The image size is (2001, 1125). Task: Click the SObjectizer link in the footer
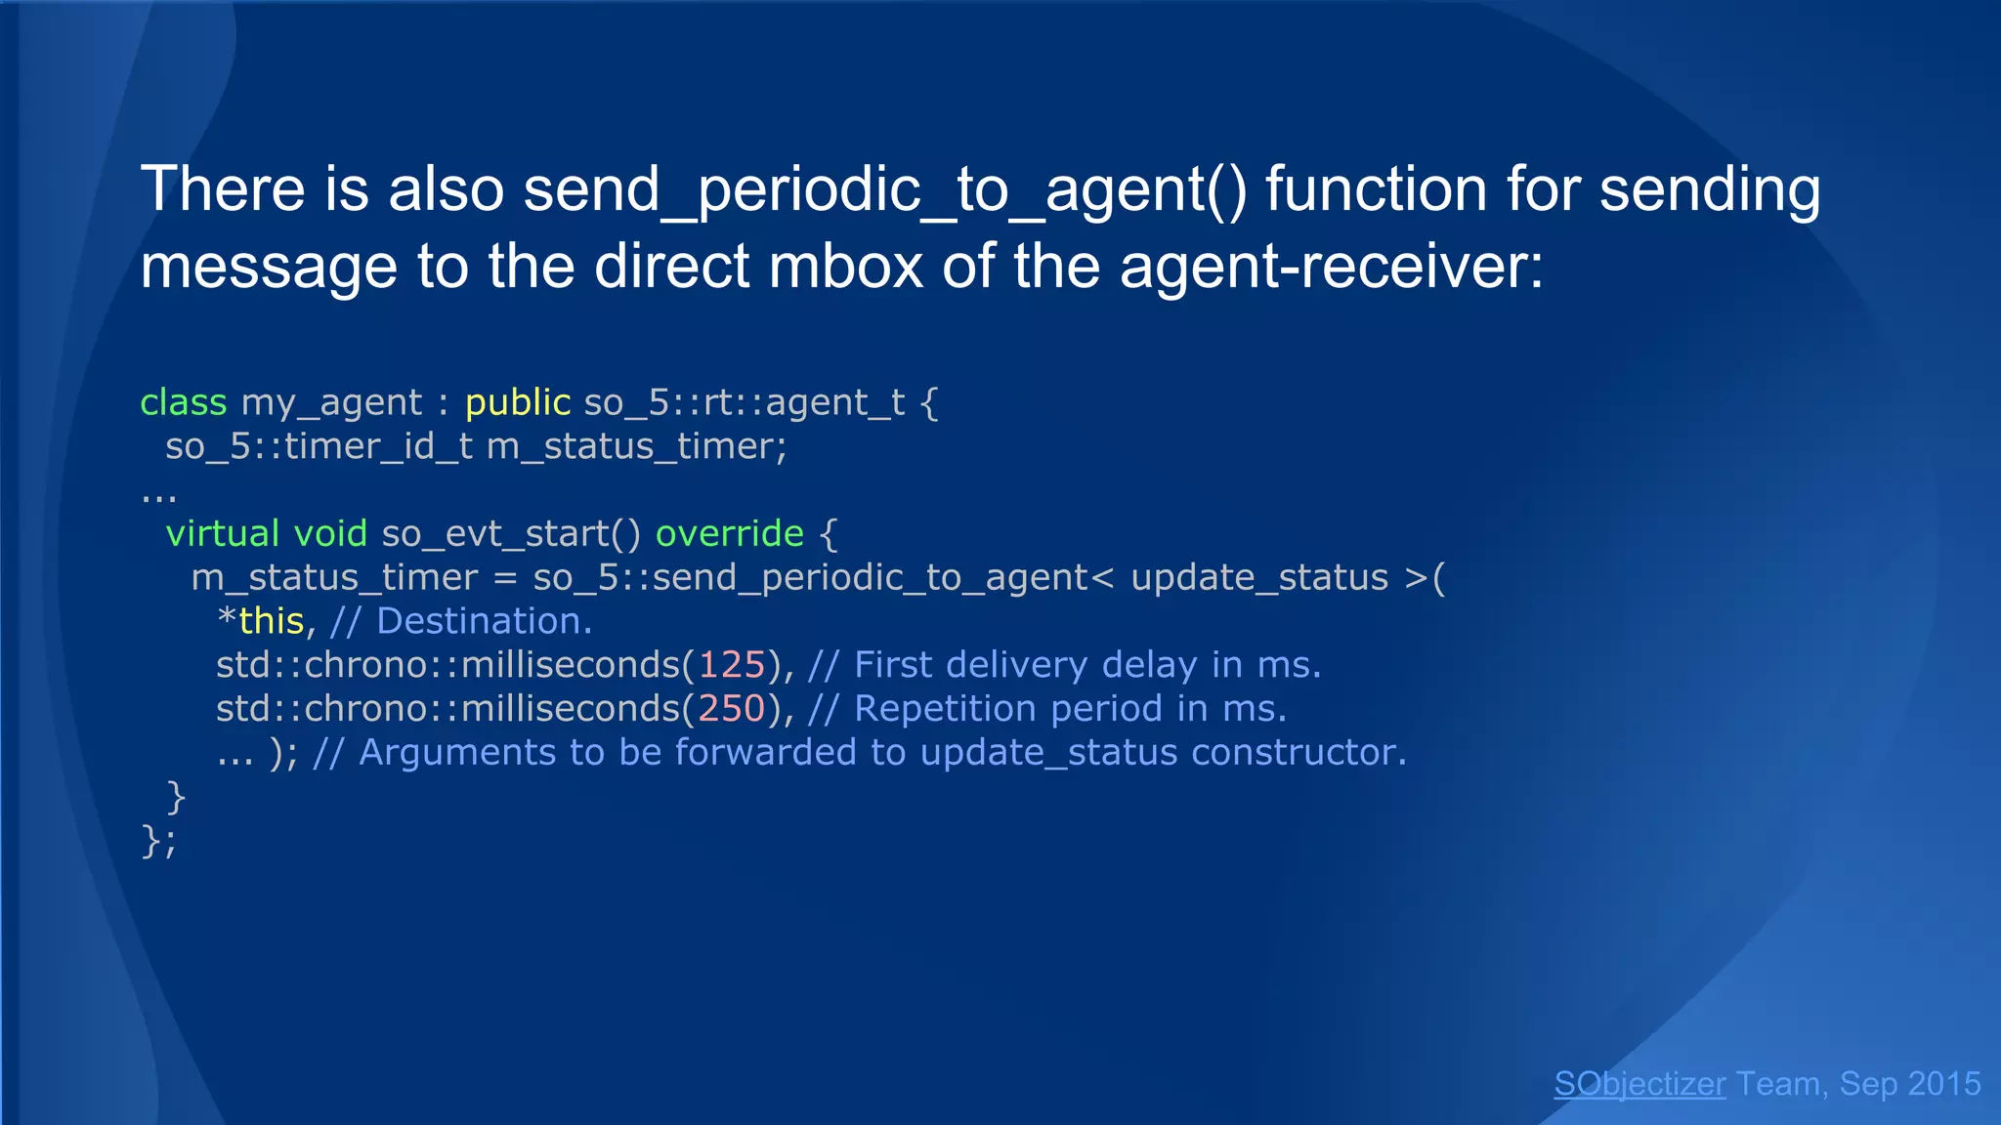1639,1084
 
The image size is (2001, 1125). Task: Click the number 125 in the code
732,665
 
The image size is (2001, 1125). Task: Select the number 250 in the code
732,709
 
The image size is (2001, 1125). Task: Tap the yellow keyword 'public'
517,402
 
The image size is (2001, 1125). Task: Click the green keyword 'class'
183,402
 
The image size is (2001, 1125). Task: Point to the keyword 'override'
729,534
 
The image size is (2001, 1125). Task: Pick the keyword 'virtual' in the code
223,534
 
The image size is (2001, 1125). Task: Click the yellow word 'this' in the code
271,621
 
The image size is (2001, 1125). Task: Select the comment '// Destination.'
461,621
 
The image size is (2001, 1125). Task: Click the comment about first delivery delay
1065,665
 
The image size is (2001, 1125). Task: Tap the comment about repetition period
1047,709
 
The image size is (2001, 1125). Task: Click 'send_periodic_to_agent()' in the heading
885,189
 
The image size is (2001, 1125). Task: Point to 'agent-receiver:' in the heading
1331,267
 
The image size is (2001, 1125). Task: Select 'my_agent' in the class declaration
331,403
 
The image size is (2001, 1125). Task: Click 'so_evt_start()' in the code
511,534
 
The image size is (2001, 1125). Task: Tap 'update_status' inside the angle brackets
1258,578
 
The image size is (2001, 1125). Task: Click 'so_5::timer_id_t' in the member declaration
319,447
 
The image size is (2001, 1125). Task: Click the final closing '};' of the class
158,841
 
